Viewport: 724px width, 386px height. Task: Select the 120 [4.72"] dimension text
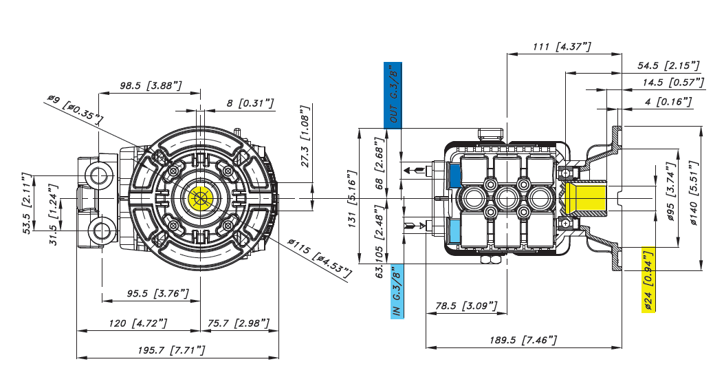[x=138, y=323]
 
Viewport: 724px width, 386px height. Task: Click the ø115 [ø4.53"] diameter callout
[x=319, y=257]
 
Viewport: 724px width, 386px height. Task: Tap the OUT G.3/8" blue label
[x=393, y=95]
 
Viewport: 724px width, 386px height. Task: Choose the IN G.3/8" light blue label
[x=397, y=290]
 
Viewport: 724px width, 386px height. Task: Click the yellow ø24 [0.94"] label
[x=648, y=279]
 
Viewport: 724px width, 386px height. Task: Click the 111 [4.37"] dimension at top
[x=562, y=46]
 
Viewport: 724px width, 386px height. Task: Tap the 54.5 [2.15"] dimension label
[x=668, y=65]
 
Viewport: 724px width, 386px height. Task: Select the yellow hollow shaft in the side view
[x=586, y=197]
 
